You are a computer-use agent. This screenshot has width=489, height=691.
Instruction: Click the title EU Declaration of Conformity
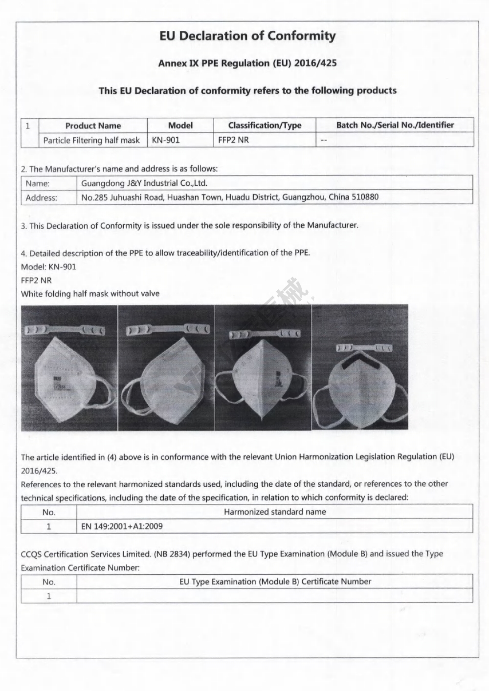pos(247,36)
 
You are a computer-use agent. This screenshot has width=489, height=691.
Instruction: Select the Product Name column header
pos(93,126)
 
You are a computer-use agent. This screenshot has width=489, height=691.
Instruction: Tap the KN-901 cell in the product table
pos(166,140)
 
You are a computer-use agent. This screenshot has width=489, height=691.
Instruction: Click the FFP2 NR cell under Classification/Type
pos(233,140)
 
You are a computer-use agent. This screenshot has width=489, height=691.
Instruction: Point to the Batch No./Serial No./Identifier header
pos(395,125)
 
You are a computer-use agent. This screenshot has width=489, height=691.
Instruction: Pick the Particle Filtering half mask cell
pos(91,140)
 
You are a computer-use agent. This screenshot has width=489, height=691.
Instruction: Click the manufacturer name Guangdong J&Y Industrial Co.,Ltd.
pos(144,183)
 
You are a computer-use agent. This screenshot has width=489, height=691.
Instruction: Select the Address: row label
pos(41,198)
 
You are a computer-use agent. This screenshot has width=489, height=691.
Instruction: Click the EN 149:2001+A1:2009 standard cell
pos(122,526)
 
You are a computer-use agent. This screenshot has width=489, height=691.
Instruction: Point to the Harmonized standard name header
pos(275,512)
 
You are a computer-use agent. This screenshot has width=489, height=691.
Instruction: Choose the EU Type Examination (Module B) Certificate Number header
pos(275,582)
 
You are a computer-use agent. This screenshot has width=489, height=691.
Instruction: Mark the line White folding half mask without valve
pos(90,294)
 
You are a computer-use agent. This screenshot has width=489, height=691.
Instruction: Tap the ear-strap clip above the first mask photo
pos(65,330)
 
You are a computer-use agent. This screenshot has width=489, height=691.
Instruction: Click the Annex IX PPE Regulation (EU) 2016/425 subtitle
pos(247,63)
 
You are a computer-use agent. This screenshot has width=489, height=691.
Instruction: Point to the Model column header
pos(180,126)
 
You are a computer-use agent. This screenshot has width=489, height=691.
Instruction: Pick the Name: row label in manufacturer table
pos(38,184)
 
